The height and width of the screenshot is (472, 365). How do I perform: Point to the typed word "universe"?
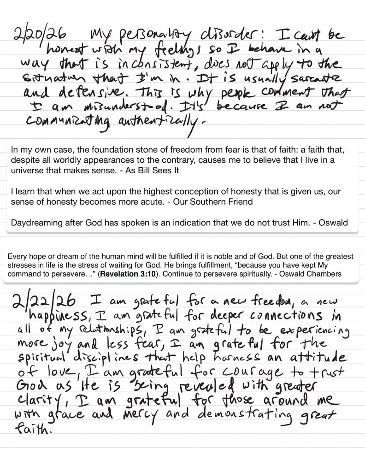pos(24,169)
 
